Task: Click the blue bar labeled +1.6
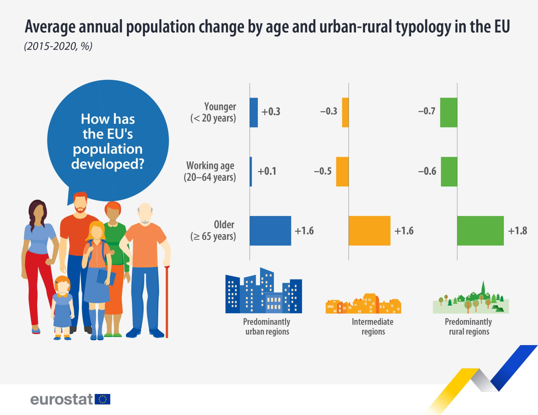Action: pyautogui.click(x=270, y=231)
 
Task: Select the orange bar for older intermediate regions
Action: pyautogui.click(x=369, y=231)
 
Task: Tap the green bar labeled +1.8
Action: pyautogui.click(x=480, y=231)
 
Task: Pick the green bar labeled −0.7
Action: pyautogui.click(x=448, y=112)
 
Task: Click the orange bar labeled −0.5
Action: pyautogui.click(x=343, y=172)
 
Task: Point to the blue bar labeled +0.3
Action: pyautogui.click(x=254, y=112)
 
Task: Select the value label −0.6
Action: pyautogui.click(x=427, y=172)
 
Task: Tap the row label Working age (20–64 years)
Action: pyautogui.click(x=210, y=172)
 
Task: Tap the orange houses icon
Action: pyautogui.click(x=363, y=303)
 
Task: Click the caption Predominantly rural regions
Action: pyautogui.click(x=468, y=327)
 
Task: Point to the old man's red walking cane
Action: pyautogui.click(x=167, y=300)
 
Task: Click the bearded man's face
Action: pyautogui.click(x=80, y=204)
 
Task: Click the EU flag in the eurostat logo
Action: pyautogui.click(x=102, y=399)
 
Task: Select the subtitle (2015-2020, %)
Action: pyautogui.click(x=58, y=46)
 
